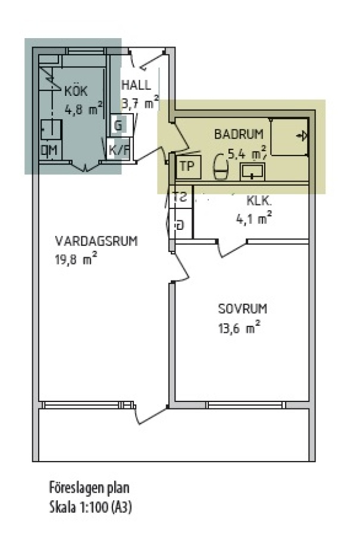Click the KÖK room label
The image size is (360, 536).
[76, 91]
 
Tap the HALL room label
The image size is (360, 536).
[136, 85]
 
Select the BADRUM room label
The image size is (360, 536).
[239, 135]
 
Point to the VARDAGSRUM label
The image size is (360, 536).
[96, 241]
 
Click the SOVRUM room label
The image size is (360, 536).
[243, 309]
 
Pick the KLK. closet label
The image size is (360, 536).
[259, 201]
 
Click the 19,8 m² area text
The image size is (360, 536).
[76, 259]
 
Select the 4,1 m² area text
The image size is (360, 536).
[253, 218]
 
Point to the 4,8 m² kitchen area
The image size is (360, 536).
[84, 109]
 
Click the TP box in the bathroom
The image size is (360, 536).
[187, 167]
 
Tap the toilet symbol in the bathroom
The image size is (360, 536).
[221, 167]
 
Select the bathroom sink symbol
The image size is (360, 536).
[252, 171]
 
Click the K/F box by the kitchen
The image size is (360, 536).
[118, 149]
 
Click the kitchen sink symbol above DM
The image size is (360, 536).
[51, 130]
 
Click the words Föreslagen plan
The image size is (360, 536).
[89, 488]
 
